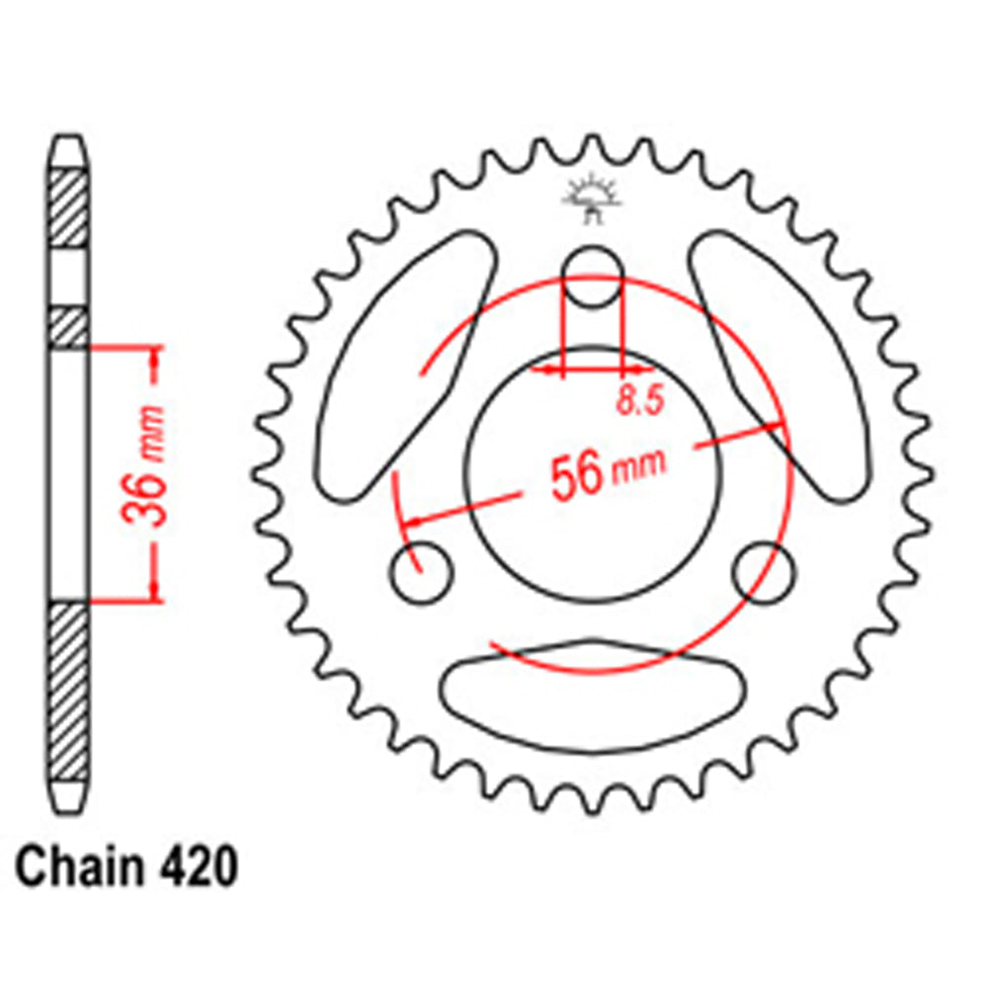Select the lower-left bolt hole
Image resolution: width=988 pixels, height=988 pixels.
pos(422,571)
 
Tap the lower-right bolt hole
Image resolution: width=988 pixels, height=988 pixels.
pos(765,570)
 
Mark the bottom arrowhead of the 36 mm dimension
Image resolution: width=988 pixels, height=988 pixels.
pos(154,591)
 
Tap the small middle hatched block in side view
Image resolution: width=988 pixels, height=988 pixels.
pos(69,326)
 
